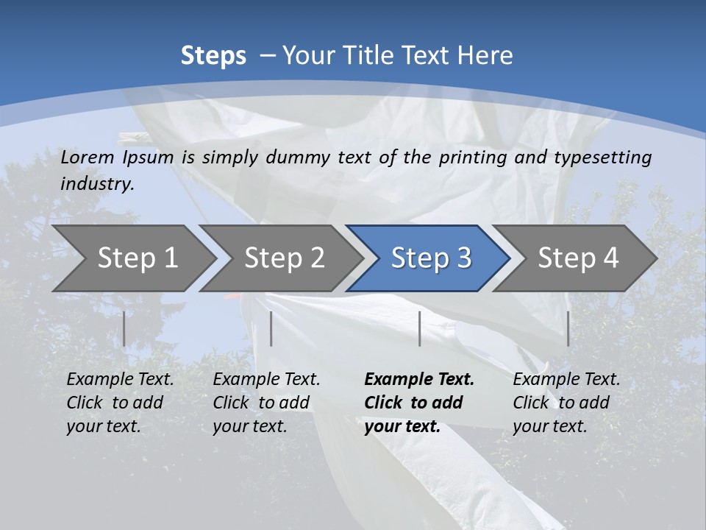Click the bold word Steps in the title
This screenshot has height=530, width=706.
click(x=213, y=56)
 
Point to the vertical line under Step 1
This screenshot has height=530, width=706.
click(x=124, y=328)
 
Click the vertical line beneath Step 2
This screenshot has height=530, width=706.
click(x=271, y=328)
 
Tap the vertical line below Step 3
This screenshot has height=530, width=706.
click(x=419, y=328)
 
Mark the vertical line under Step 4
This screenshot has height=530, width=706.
click(x=568, y=328)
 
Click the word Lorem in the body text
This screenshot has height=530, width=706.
click(x=88, y=157)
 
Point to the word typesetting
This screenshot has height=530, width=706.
click(x=602, y=158)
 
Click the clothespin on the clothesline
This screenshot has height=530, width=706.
click(x=132, y=137)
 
